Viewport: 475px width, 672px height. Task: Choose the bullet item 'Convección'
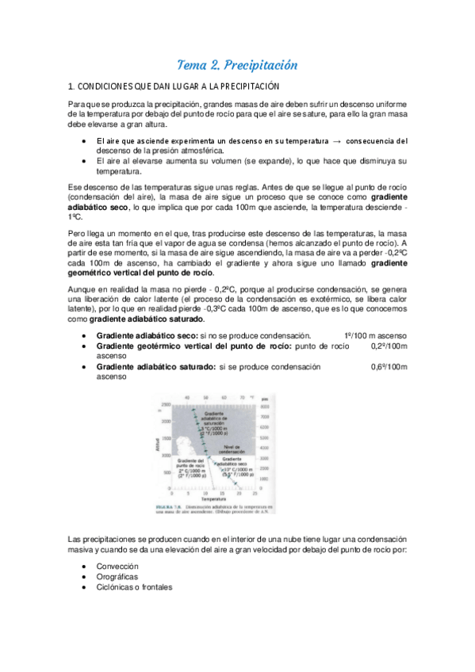click(117, 567)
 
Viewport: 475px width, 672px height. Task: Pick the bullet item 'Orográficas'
click(119, 577)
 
